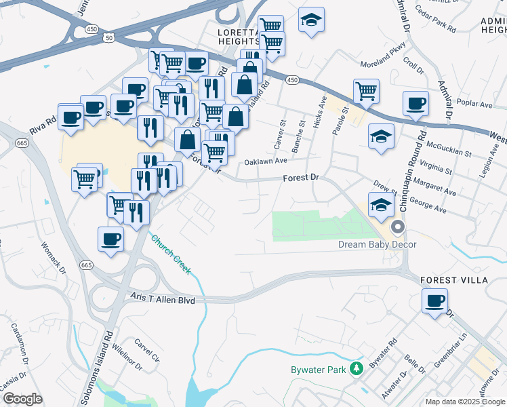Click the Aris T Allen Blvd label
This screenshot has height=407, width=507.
coord(164,299)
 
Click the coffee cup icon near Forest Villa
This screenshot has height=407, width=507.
coord(434,301)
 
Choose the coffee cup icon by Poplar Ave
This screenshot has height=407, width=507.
coord(415,104)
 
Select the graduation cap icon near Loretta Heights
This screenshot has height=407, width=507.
coord(311,20)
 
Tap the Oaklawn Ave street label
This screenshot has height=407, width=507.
coord(266,161)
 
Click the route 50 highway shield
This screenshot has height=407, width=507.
coord(108,38)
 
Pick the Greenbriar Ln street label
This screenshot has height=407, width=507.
coord(451,346)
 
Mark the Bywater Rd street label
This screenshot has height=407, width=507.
coord(383,357)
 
